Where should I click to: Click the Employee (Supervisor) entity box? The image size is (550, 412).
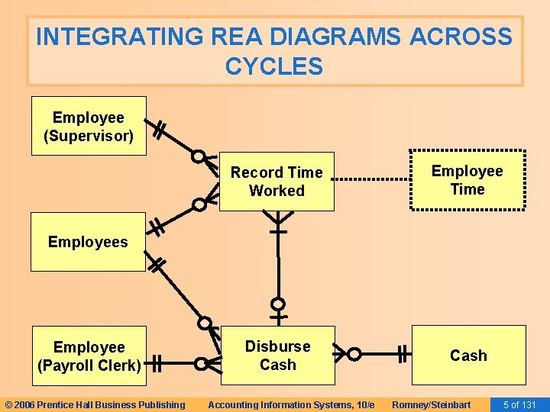[88, 126]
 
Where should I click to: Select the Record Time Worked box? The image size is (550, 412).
[277, 182]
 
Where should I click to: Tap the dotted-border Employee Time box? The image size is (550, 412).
[467, 180]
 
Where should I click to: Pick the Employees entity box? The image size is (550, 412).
[88, 242]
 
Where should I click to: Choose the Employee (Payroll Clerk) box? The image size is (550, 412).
[89, 356]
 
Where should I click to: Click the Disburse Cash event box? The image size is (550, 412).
[277, 356]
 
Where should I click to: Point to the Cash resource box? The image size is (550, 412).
[468, 356]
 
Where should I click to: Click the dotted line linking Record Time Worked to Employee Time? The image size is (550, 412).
[372, 179]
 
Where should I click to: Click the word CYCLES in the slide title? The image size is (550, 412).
[274, 66]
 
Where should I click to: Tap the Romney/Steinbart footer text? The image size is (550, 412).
[431, 404]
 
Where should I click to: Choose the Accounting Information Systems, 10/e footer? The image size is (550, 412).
[291, 404]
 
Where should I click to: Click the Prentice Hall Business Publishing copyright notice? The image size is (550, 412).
[95, 404]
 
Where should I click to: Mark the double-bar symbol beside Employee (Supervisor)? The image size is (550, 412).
[159, 130]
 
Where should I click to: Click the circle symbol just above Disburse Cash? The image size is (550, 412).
[279, 304]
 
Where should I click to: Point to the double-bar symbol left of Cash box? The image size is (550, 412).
[403, 354]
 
